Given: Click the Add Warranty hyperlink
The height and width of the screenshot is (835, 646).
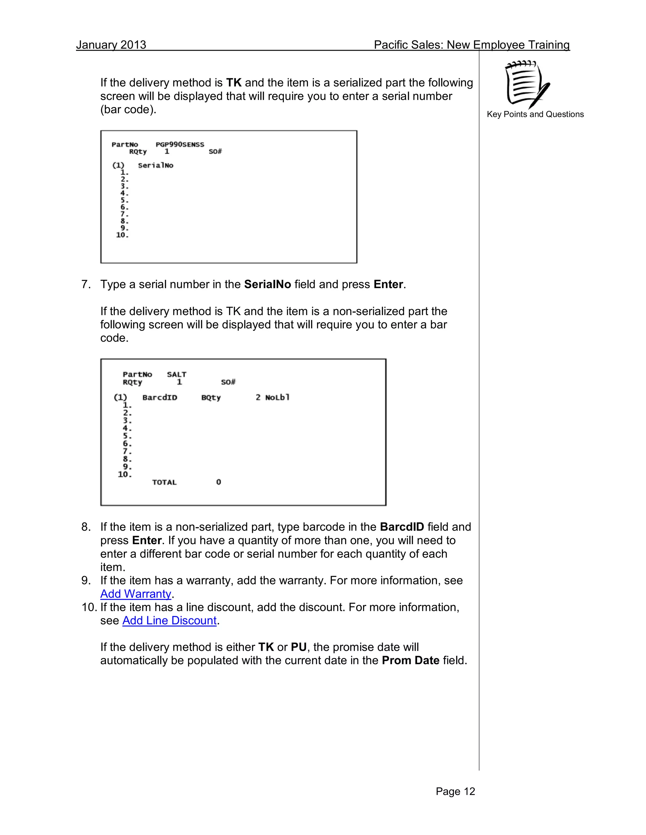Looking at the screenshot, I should pyautogui.click(x=135, y=594).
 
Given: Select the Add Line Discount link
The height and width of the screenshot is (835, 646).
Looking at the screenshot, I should pyautogui.click(x=169, y=620).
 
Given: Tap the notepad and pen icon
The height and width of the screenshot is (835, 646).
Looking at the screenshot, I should pyautogui.click(x=527, y=84).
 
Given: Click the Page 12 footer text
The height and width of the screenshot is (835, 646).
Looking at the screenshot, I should pyautogui.click(x=455, y=791).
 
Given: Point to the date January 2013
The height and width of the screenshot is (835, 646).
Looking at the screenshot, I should pyautogui.click(x=111, y=45).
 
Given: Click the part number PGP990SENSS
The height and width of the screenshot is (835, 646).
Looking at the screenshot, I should pyautogui.click(x=179, y=145).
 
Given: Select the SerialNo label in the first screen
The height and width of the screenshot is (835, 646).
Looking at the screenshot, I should pyautogui.click(x=156, y=165).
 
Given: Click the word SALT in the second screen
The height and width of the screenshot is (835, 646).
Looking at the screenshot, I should pyautogui.click(x=176, y=374).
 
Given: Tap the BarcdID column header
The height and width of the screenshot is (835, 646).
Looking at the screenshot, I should pyautogui.click(x=160, y=398).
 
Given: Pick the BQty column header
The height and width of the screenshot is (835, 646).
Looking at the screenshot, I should pyautogui.click(x=211, y=398).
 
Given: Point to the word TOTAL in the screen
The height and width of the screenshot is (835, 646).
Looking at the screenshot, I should pyautogui.click(x=164, y=482).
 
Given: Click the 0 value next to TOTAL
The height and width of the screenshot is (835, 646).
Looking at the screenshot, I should pyautogui.click(x=219, y=482).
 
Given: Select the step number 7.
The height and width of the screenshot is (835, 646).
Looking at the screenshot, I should pyautogui.click(x=86, y=285).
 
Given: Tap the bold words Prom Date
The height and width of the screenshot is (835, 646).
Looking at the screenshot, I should pyautogui.click(x=410, y=660).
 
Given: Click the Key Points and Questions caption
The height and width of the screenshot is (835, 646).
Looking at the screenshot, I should pyautogui.click(x=535, y=114).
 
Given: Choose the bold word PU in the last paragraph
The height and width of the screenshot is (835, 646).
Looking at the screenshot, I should pyautogui.click(x=298, y=647).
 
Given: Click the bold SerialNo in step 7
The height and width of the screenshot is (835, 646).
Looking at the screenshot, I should pyautogui.click(x=267, y=285).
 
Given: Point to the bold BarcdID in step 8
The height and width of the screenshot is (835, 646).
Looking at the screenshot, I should pyautogui.click(x=402, y=527).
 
